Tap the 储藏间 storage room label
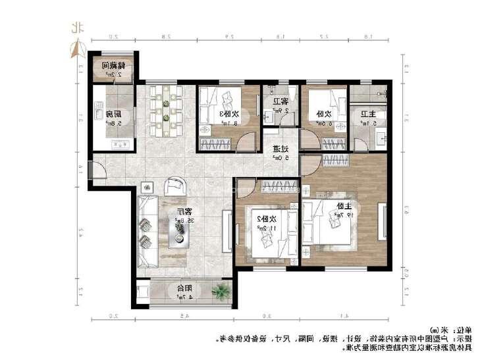(115, 66)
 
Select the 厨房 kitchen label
(113, 113)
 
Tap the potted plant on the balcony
(221, 290)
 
